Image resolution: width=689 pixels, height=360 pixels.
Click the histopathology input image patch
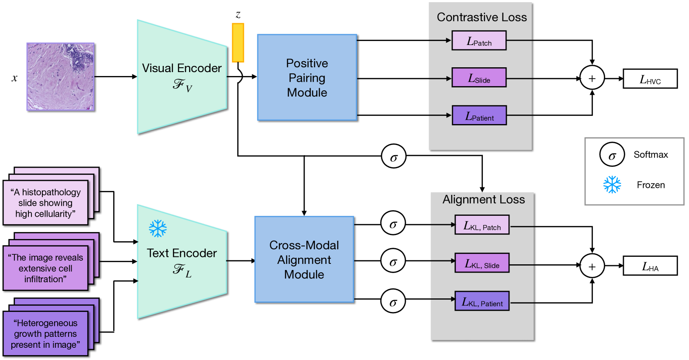61,76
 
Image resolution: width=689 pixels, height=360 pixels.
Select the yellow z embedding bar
238,43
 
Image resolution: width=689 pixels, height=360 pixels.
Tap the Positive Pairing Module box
307,77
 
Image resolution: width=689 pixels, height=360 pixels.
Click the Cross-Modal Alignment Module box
304,260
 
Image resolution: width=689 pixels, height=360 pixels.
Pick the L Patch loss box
479,40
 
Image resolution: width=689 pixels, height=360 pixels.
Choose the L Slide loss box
479,77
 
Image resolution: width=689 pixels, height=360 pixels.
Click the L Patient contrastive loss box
479,115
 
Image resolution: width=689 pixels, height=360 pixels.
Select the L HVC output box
650,79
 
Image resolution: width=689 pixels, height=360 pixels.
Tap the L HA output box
650,266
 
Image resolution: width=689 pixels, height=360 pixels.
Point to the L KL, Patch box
482,225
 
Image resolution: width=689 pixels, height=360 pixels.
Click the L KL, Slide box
482,263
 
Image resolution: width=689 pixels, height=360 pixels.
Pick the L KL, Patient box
482,301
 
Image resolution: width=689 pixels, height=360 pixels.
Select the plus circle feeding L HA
592,266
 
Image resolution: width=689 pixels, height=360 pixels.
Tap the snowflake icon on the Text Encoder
158,228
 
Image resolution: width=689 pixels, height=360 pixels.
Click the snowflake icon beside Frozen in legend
612,185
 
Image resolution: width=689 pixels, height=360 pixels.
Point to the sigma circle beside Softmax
612,155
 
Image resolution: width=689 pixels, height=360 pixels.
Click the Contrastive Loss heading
482,17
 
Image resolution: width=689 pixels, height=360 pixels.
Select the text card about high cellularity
45,203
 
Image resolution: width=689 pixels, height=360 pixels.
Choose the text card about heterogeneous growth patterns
45,333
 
